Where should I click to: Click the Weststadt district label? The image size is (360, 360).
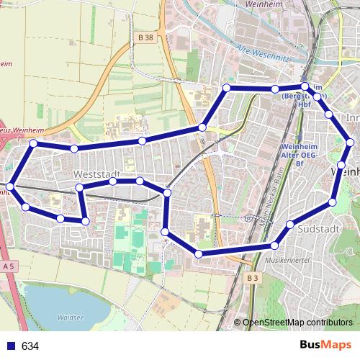point(95,175)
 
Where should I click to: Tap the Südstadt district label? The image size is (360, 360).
point(318,228)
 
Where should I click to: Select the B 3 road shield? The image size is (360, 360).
point(251,278)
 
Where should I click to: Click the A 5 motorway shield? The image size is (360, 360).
point(9,266)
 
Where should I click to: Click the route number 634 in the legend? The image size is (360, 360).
point(30,346)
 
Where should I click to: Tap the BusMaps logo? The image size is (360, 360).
point(325,346)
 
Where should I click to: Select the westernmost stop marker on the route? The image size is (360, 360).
point(9,187)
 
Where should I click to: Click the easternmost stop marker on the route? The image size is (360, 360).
point(350,143)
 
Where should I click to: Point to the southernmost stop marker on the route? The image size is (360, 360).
point(199,253)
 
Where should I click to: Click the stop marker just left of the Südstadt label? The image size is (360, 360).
point(289,225)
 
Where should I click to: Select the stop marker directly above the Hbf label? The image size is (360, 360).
point(305,86)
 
